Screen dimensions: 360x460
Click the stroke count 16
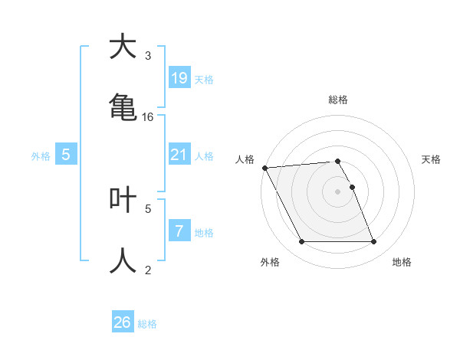click(148, 117)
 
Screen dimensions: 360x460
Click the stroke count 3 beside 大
click(148, 56)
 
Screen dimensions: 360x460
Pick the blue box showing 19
click(179, 77)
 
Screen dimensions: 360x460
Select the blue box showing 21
click(179, 155)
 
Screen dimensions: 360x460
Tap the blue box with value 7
click(179, 231)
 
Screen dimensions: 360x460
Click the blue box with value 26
click(122, 322)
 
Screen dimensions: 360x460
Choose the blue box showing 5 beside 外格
click(66, 155)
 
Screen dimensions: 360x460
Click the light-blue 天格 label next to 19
click(204, 79)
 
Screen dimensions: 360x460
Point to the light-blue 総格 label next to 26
click(147, 324)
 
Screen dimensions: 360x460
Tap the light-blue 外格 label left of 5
click(41, 156)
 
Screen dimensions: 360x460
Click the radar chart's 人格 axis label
click(245, 159)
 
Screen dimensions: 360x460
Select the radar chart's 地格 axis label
click(402, 262)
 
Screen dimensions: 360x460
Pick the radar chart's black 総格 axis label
click(338, 100)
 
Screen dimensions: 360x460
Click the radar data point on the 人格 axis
click(264, 167)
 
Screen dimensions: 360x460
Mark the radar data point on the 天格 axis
click(353, 187)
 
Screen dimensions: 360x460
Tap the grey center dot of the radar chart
click(338, 191)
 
